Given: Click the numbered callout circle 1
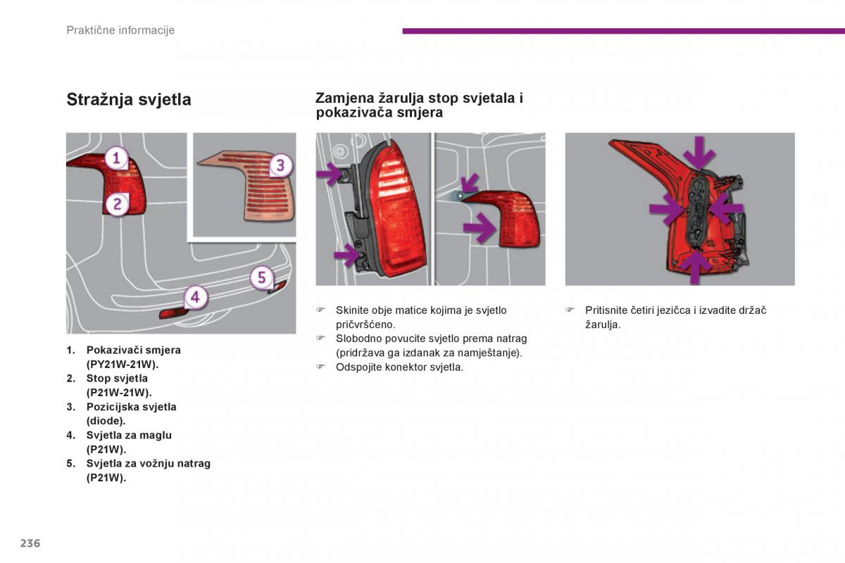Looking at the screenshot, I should pos(117,158).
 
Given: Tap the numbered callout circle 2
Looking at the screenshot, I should pos(117,204).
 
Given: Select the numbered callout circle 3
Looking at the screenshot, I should pos(280,165).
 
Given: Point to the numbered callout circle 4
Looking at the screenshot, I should pos(195,297).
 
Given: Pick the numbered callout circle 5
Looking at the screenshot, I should pos(261,277).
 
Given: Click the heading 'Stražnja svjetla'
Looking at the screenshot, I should pos(129,100).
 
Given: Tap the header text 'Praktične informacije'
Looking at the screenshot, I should pos(120,30).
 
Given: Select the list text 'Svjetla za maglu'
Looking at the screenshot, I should pos(129,435).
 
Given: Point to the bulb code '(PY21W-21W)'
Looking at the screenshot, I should pos(123,365).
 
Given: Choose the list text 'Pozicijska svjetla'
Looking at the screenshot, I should pos(131,407).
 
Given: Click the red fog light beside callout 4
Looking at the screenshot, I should pos(171,312).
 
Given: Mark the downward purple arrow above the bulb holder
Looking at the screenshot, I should pos(699,153).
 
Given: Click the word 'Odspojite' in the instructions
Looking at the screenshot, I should pos(358,367).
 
